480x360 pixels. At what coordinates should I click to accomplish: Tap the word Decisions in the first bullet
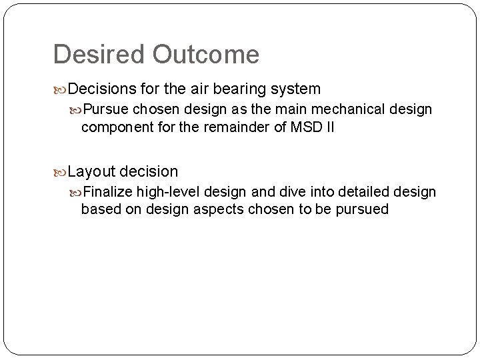point(102,89)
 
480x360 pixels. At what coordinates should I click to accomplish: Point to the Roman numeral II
point(329,127)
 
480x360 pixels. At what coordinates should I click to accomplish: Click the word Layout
point(91,171)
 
